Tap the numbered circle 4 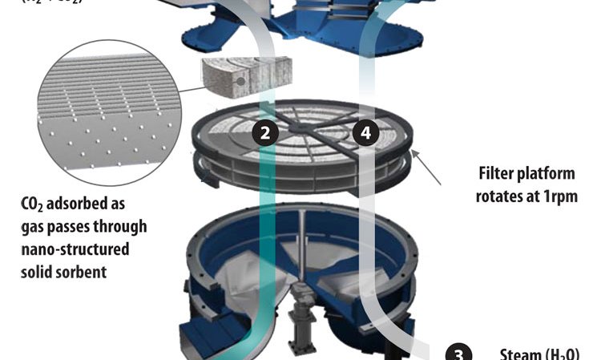click(x=365, y=134)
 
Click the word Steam click(x=520, y=354)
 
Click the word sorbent click(x=83, y=271)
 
